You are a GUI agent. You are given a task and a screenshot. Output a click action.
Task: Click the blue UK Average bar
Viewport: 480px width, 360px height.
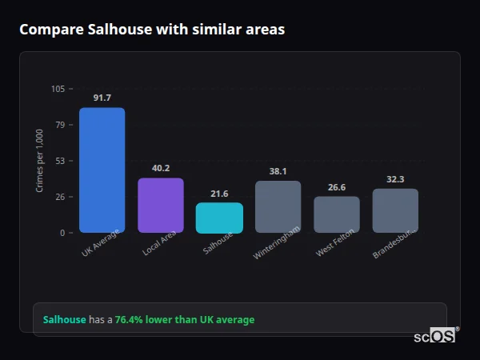tap(102, 170)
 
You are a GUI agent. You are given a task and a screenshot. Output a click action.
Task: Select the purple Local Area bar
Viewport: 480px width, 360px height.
tap(161, 205)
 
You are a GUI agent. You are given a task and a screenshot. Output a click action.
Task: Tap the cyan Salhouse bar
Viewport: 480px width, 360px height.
tap(219, 218)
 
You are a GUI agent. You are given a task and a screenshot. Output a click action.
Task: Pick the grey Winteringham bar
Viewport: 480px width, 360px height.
tap(278, 206)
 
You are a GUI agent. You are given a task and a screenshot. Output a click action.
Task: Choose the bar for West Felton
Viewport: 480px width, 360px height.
tap(337, 214)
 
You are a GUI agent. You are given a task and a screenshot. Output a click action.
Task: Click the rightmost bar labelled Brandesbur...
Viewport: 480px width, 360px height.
tap(395, 210)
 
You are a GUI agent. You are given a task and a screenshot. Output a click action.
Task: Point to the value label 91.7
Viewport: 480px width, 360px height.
tap(102, 98)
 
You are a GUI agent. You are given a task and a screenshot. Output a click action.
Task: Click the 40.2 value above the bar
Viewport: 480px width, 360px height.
tap(161, 168)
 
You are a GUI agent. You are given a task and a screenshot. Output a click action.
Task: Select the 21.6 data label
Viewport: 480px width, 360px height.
tap(219, 194)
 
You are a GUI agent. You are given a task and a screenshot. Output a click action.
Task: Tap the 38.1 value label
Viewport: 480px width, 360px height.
tap(278, 171)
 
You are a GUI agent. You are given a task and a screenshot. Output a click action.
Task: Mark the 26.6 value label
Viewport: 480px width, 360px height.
tap(337, 187)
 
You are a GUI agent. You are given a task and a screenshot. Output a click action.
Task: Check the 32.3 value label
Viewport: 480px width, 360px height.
tap(395, 179)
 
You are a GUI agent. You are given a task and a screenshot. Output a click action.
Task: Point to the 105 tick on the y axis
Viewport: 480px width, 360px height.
tap(58, 89)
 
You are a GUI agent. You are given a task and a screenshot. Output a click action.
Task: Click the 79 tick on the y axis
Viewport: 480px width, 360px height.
tap(60, 125)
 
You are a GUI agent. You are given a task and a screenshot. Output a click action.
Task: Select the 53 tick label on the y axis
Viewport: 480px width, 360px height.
tap(60, 161)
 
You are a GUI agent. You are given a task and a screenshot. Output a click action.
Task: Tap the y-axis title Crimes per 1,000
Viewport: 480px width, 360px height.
tap(40, 161)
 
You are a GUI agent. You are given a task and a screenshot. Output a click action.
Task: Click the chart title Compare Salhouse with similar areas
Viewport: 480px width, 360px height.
tap(152, 30)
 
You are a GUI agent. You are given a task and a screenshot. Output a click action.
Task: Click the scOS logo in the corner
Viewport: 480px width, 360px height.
tap(434, 336)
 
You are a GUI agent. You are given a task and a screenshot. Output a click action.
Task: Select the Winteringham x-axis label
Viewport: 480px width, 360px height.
tap(277, 242)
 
